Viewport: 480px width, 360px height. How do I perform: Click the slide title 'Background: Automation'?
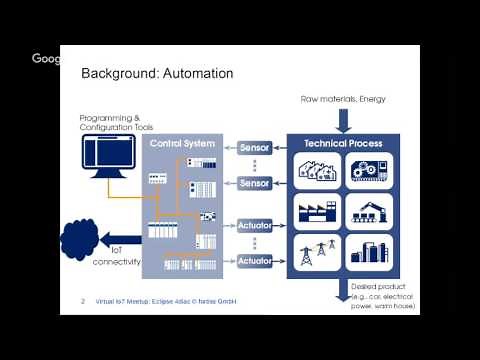click(157, 73)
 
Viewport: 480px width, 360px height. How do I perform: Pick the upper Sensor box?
click(255, 149)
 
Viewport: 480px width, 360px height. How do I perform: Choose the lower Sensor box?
click(255, 183)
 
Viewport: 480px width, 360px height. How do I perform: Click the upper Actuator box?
click(255, 226)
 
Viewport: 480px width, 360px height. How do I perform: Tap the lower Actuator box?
click(255, 260)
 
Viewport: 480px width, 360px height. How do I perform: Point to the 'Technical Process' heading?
click(342, 144)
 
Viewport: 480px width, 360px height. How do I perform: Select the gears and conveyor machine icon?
click(368, 173)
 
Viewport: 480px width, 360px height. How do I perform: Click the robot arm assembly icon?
click(368, 211)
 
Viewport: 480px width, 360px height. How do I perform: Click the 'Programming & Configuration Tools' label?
click(117, 124)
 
